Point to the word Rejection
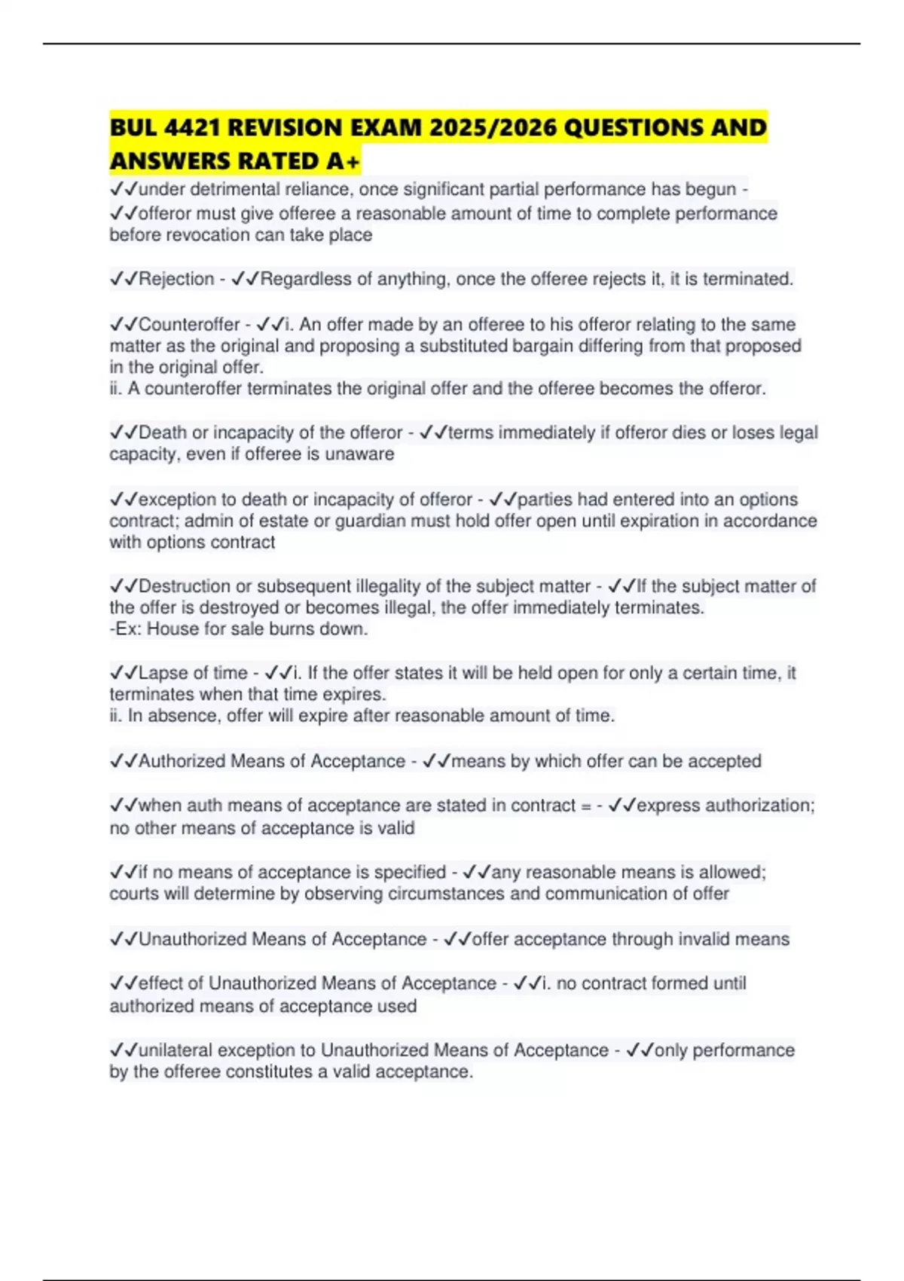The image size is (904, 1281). [x=176, y=280]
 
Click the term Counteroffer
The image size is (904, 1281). [x=189, y=325]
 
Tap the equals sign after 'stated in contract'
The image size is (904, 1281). [x=586, y=806]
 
